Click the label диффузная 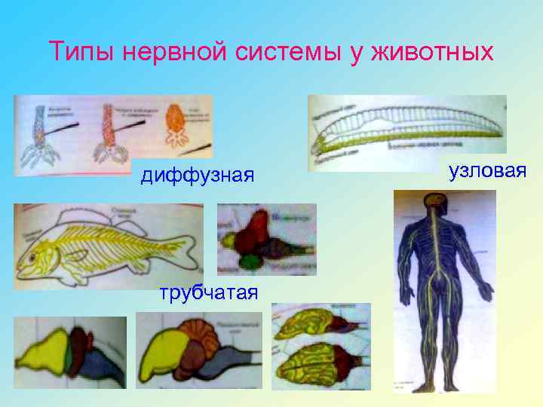pos(198,176)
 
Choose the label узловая pos(486,171)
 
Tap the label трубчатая pos(209,292)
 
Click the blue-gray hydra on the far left pos(40,132)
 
